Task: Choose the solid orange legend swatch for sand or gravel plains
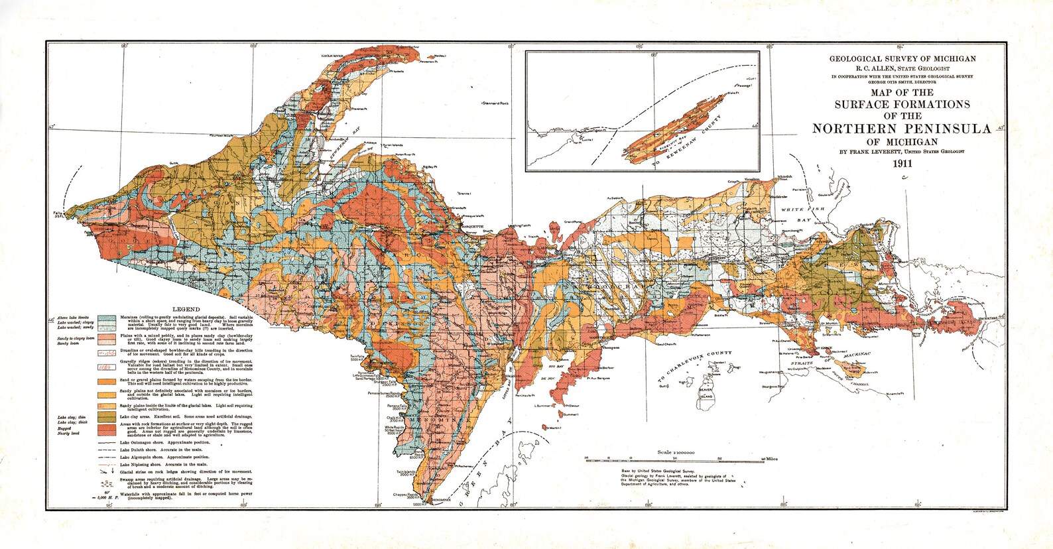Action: (107, 382)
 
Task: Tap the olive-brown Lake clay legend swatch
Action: (107, 415)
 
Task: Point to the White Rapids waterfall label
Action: (395, 428)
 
